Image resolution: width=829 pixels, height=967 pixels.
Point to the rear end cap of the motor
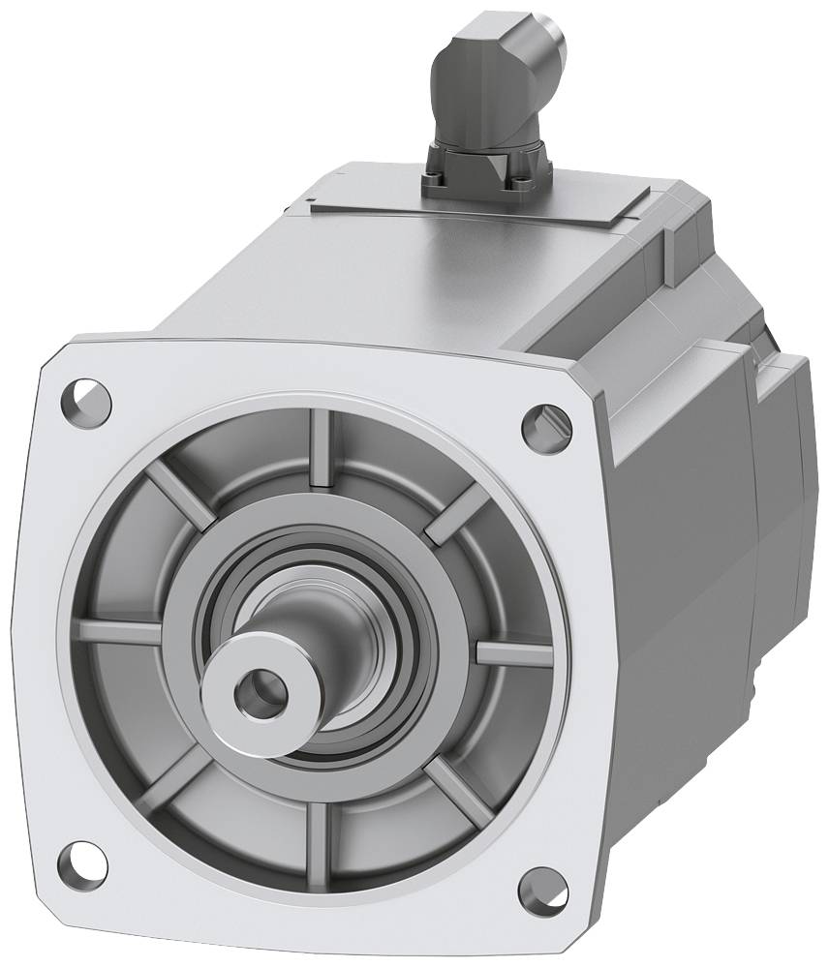(x=775, y=484)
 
